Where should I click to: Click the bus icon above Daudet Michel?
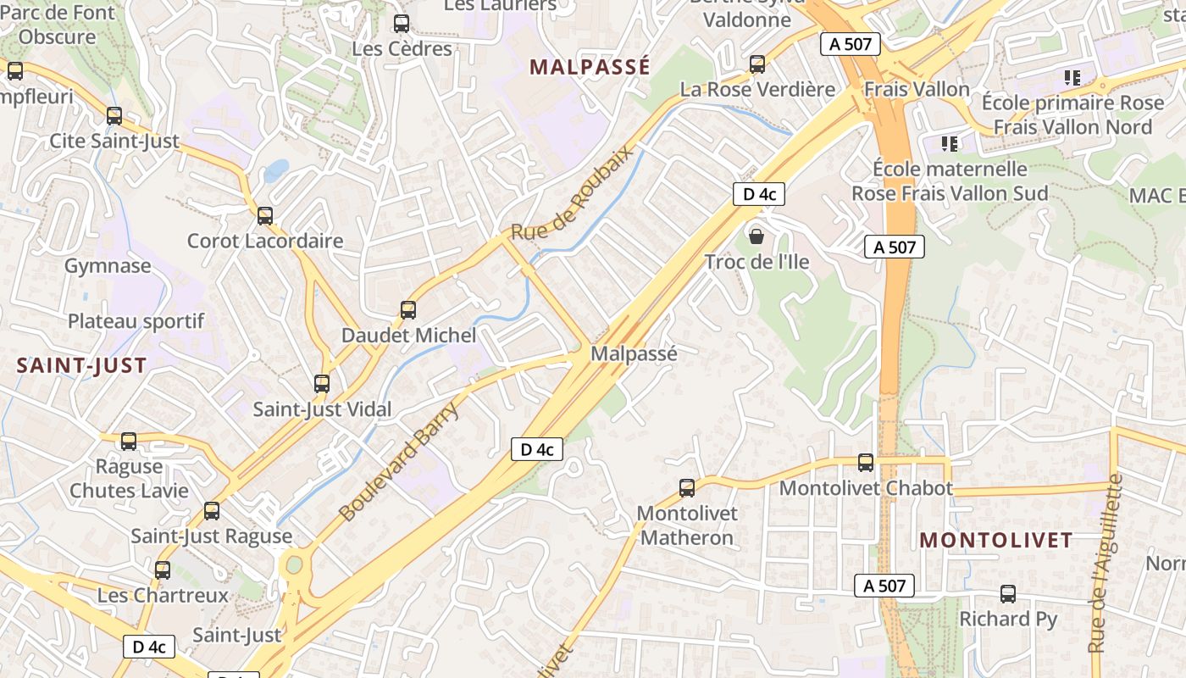408,310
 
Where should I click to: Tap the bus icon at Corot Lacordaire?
265,216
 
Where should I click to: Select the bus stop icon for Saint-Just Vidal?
322,384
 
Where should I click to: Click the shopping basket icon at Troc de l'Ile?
756,236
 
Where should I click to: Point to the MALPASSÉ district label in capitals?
590,67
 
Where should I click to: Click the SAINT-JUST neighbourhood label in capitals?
82,366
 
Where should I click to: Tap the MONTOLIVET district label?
996,540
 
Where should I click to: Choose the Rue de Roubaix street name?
572,192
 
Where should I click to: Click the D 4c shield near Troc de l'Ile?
759,194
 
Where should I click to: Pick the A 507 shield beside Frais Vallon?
850,44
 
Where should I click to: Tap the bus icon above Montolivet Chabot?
866,463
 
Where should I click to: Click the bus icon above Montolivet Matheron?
687,488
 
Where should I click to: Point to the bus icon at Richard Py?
1008,594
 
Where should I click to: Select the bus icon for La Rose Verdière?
757,64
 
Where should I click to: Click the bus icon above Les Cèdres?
402,24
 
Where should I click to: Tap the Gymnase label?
108,266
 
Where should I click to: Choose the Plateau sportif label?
136,321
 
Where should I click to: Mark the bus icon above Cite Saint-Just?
114,116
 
